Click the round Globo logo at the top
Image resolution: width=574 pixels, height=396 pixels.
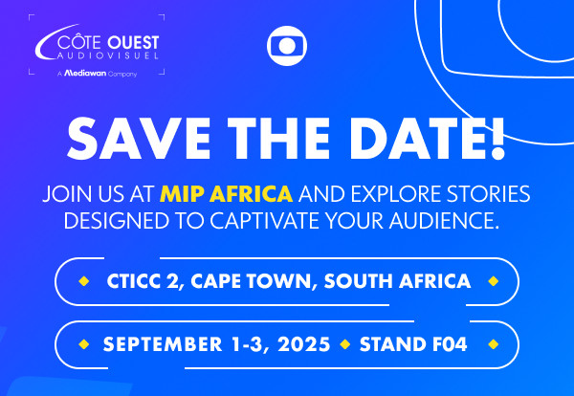287,46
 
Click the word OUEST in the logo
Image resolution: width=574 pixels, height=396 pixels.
133,43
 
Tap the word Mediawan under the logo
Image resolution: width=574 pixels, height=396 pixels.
85,74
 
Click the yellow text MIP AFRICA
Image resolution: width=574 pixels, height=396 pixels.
226,194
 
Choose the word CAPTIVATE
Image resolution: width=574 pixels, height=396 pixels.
265,221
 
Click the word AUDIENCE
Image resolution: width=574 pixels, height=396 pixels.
444,221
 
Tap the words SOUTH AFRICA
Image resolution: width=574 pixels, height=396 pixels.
397,281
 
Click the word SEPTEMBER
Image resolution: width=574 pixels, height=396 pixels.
163,344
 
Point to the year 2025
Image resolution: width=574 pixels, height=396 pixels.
304,344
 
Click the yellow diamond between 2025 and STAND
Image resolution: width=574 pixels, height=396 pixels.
344,344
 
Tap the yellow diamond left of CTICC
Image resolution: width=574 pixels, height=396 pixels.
84,281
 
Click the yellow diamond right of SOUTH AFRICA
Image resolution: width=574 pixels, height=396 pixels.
494,281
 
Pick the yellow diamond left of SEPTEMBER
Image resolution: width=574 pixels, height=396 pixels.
84,344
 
